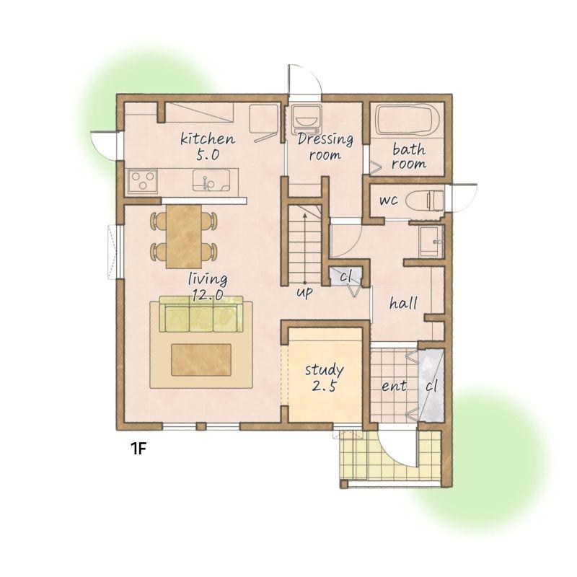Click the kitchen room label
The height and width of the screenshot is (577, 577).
point(208,138)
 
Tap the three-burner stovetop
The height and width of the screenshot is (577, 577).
point(143,181)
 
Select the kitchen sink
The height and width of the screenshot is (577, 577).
point(211,181)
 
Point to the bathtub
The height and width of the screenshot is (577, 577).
point(407,120)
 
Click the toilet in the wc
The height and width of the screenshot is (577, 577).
point(425,201)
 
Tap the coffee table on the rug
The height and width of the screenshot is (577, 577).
point(201,360)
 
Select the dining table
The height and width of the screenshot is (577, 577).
point(184,237)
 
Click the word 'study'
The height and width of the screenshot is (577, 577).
point(324,370)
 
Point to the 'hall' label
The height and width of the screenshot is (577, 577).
point(403,303)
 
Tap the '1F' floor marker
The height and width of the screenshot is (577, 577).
point(138,448)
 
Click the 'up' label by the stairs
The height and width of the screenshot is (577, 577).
point(305,292)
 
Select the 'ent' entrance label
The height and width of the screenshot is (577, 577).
point(394,386)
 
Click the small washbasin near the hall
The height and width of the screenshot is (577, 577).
point(431,242)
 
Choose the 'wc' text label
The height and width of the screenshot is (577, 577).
point(389,201)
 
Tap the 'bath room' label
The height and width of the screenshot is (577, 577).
point(409,157)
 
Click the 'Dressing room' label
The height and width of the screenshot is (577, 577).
point(325,147)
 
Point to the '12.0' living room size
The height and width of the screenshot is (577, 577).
point(208,294)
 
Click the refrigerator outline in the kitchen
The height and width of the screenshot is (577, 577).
point(263,119)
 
